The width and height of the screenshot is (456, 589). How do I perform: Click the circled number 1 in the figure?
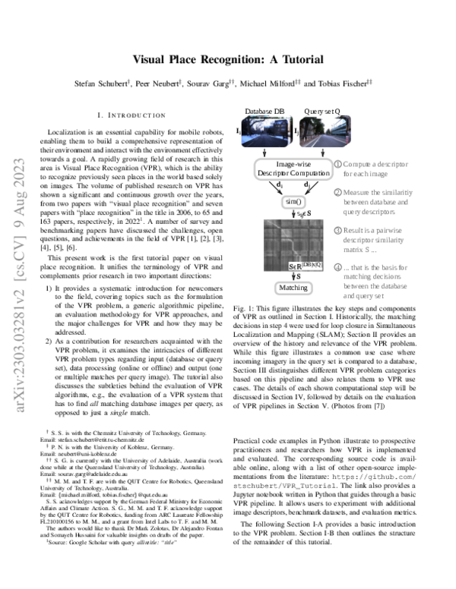(x=338, y=163)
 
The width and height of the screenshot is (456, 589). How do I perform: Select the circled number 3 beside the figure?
(x=338, y=230)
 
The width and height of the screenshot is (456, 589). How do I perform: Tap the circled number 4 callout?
(x=338, y=267)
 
